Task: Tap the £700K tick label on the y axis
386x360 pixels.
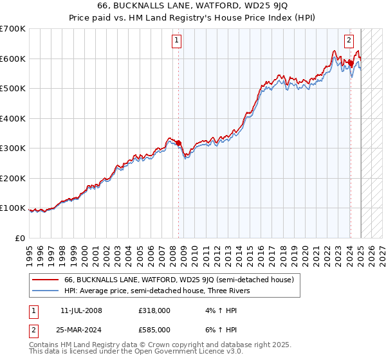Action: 13,29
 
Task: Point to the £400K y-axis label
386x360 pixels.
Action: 13,118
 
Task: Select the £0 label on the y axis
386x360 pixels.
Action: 21,238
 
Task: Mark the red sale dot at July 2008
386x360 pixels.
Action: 178,143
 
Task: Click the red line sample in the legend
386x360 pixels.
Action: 45,280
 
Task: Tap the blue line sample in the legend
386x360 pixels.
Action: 45,291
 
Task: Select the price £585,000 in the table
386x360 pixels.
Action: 154,329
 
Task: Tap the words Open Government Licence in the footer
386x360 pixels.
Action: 187,352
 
